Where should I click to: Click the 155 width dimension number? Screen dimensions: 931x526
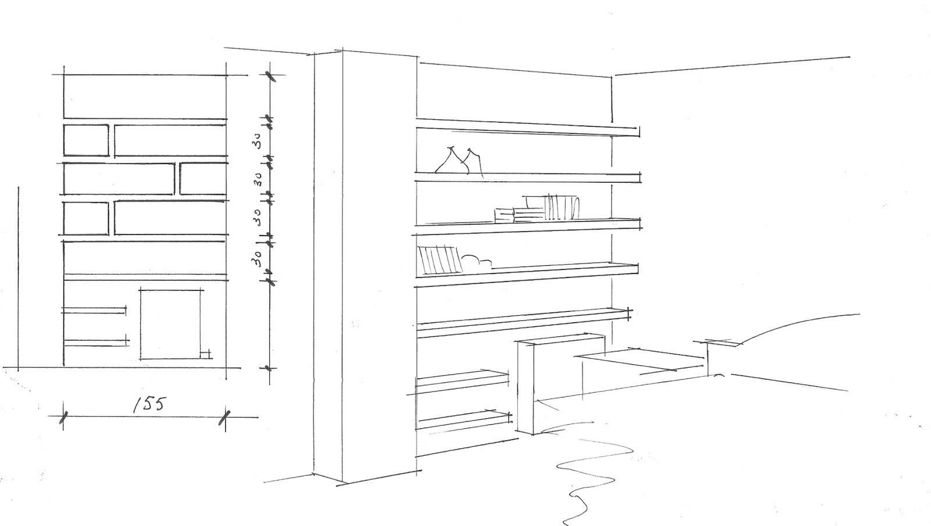point(148,404)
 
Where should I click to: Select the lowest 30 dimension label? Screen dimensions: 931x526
point(257,257)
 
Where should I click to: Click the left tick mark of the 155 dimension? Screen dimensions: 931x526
point(64,417)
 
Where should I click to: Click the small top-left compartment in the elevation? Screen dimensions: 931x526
point(86,140)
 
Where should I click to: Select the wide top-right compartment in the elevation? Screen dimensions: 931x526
point(170,140)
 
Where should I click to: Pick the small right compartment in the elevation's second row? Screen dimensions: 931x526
point(202,179)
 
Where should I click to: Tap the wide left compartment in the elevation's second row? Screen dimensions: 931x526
point(119,179)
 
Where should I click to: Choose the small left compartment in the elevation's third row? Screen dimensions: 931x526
point(86,218)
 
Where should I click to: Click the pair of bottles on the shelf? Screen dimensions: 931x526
point(460,161)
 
